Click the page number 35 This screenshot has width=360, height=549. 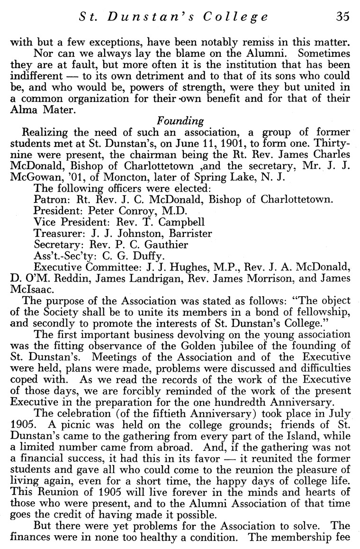tap(342, 17)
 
